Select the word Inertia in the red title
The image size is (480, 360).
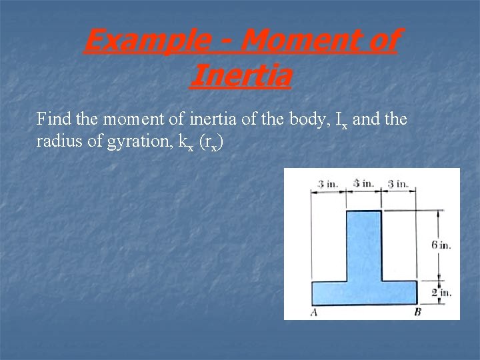tap(240, 75)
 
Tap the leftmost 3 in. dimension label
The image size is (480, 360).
tap(328, 183)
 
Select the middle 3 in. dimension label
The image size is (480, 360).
tap(363, 183)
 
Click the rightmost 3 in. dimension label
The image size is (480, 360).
tap(398, 183)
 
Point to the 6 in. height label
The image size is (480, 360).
tap(441, 245)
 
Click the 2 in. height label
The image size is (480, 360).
tap(441, 292)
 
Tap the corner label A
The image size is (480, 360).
tap(313, 312)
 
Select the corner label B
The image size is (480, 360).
tap(417, 312)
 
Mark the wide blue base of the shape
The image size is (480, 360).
tap(364, 292)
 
